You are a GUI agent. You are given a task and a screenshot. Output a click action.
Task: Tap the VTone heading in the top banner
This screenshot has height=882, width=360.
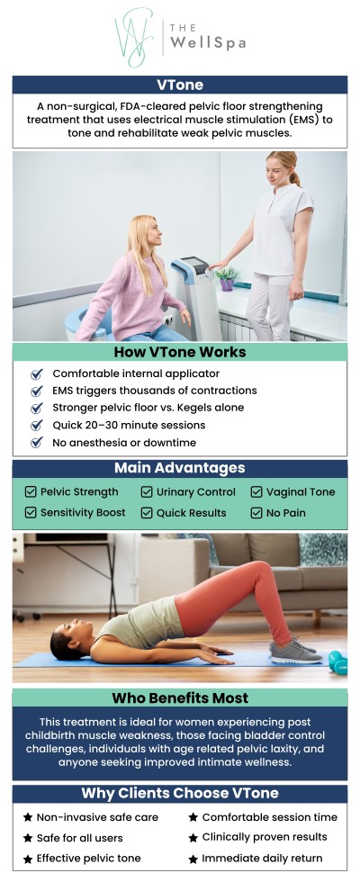tap(179, 85)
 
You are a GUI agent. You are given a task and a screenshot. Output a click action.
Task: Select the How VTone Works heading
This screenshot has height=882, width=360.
tap(179, 352)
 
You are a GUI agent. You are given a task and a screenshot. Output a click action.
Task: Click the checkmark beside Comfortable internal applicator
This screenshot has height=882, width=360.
tap(36, 373)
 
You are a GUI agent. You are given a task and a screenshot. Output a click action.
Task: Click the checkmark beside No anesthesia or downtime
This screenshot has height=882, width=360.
tap(36, 443)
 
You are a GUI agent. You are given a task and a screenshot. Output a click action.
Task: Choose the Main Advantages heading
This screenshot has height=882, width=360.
tap(179, 468)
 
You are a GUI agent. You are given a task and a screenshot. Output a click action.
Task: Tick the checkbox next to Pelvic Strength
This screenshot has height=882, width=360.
tap(31, 492)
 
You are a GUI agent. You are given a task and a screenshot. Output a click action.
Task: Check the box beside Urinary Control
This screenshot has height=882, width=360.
tap(147, 492)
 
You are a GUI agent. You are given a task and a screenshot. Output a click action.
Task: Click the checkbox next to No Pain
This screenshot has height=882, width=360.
tap(256, 513)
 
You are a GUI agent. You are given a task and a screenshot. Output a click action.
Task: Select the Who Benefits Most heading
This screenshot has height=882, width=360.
tap(179, 697)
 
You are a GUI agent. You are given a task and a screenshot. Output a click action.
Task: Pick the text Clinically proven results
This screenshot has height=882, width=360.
tap(265, 838)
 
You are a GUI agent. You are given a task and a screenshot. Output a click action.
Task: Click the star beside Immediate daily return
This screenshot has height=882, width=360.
tap(193, 859)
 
